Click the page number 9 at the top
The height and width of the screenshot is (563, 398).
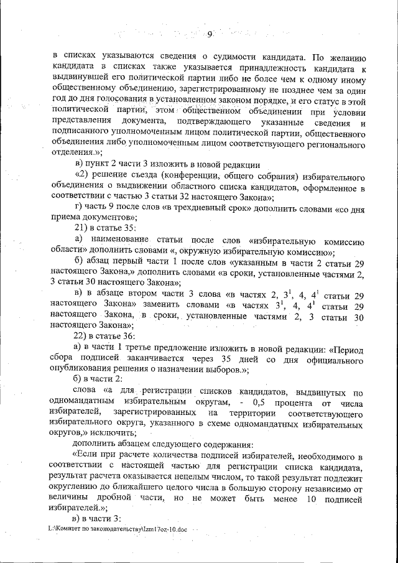pyautogui.click(x=210, y=34)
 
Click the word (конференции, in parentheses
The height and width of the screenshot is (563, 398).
pyautogui.click(x=197, y=176)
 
